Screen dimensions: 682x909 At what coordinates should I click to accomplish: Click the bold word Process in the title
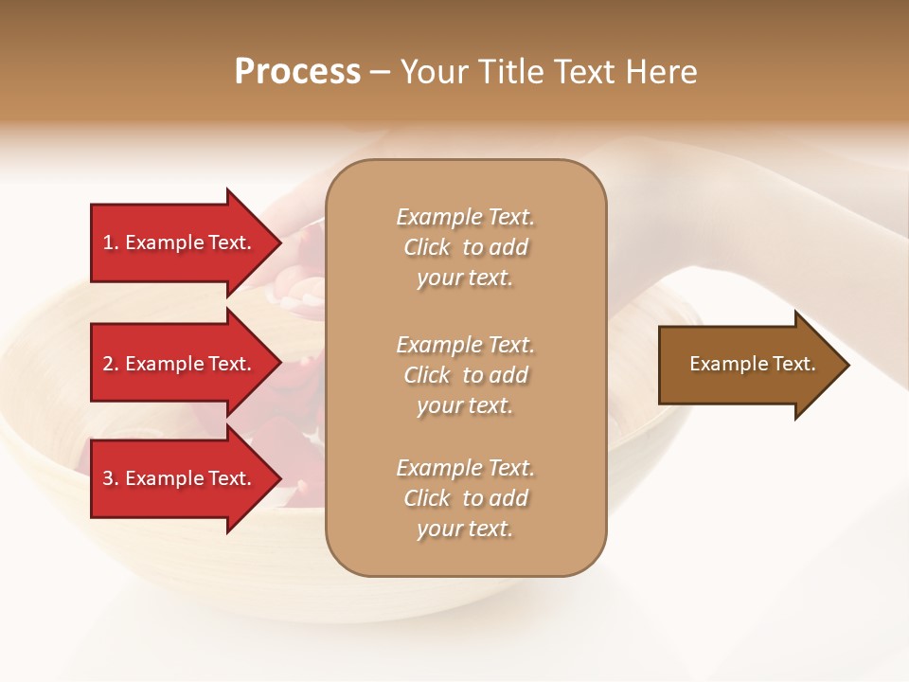[297, 72]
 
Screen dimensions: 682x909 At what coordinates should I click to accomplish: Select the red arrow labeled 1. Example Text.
[180, 242]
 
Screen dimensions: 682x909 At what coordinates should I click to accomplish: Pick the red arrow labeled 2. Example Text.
[180, 364]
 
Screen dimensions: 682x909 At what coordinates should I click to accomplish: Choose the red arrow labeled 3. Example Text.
[180, 478]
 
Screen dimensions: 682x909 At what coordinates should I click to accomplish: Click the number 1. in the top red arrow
[111, 242]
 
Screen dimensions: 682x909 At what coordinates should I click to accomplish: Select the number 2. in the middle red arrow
[111, 364]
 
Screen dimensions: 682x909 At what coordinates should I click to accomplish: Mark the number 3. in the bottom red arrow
[111, 478]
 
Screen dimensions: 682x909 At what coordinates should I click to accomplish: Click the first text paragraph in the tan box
[465, 247]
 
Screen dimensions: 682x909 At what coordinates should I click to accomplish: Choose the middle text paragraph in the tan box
[465, 375]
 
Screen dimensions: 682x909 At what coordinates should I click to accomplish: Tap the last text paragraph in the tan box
[465, 498]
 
